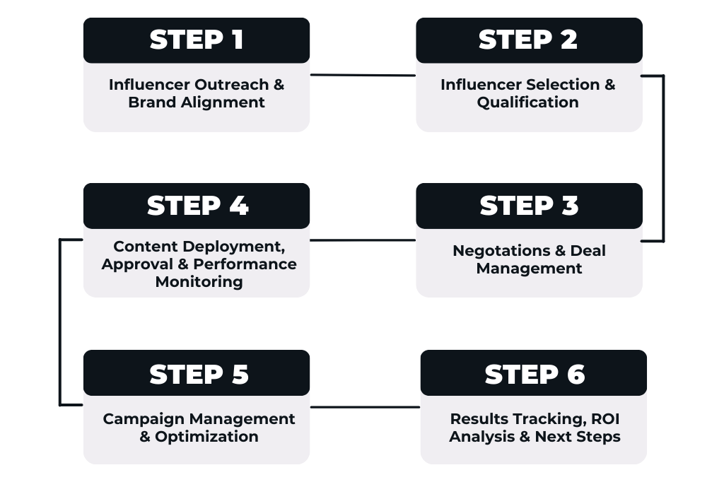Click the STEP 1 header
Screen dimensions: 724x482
(197, 40)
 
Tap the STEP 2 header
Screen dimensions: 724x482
(529, 40)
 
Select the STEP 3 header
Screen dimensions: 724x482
(529, 206)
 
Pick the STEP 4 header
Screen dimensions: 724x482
(197, 206)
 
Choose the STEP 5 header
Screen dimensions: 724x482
(197, 372)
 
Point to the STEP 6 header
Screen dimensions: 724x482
(534, 372)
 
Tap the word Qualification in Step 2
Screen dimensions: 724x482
(527, 102)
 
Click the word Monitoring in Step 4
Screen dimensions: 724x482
(199, 281)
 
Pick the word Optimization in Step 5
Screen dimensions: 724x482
(206, 436)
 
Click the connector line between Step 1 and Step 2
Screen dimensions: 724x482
(363, 75)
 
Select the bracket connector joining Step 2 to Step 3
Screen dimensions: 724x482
(663, 158)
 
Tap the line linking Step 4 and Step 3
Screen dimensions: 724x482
(363, 240)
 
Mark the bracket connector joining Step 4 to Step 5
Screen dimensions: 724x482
(60, 322)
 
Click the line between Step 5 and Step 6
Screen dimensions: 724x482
(366, 407)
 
